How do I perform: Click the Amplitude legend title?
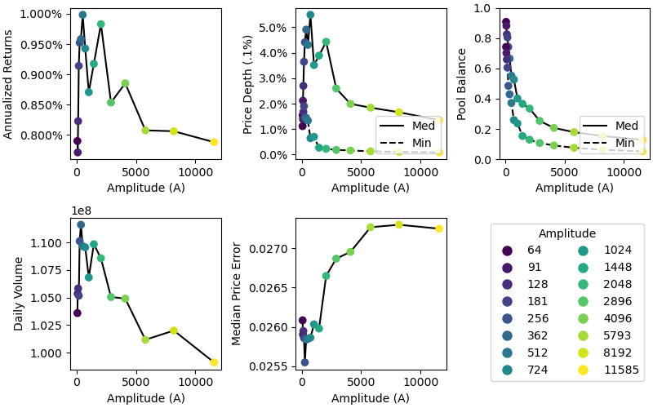pos(567,233)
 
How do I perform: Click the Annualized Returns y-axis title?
pos(9,84)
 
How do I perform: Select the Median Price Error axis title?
pos(237,293)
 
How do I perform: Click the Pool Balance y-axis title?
pos(462,84)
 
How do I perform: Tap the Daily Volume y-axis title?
pos(18,294)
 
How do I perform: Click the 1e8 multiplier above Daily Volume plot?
pos(81,211)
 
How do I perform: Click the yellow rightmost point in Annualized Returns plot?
pos(214,142)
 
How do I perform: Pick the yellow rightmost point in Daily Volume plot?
pos(214,362)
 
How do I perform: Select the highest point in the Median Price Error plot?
pos(399,225)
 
